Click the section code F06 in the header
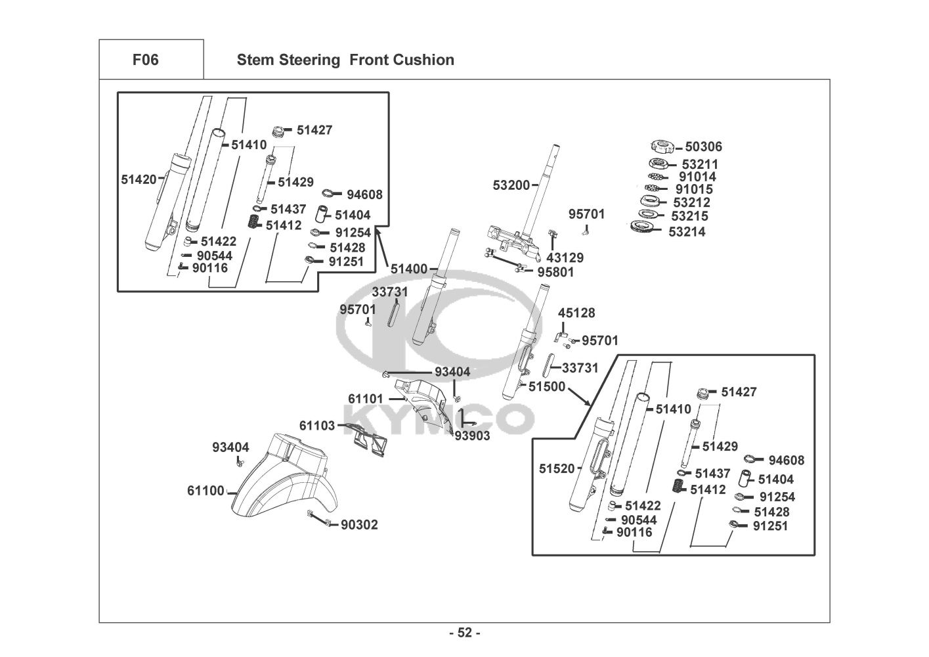[145, 60]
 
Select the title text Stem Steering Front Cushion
[345, 60]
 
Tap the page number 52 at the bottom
[464, 633]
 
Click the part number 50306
[703, 147]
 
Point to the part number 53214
[687, 232]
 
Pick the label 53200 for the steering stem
[511, 186]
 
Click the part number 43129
[565, 258]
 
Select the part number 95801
[555, 272]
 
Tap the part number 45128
[576, 313]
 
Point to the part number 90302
[359, 525]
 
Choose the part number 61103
[317, 426]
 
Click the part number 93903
[472, 436]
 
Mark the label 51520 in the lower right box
[557, 469]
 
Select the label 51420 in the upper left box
[139, 179]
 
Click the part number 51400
[408, 269]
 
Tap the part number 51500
[547, 387]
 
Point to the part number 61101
[366, 399]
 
